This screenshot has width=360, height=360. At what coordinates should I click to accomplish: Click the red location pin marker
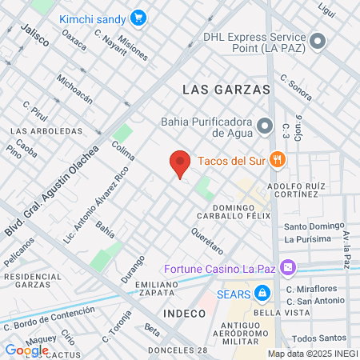click(180, 163)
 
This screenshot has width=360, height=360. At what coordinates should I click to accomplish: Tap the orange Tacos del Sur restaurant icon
click(277, 158)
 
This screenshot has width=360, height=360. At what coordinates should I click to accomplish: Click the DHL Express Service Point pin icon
click(318, 41)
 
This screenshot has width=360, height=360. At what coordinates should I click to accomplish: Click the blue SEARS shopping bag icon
click(261, 293)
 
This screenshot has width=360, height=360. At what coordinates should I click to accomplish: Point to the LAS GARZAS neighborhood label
click(226, 90)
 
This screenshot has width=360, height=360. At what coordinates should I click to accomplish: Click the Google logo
click(26, 350)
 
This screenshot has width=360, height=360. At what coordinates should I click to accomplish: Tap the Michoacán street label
click(74, 93)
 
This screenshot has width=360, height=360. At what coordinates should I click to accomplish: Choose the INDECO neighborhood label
click(184, 313)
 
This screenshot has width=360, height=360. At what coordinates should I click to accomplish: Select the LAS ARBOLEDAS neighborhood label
click(46, 130)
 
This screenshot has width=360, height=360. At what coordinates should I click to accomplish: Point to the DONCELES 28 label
click(178, 350)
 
